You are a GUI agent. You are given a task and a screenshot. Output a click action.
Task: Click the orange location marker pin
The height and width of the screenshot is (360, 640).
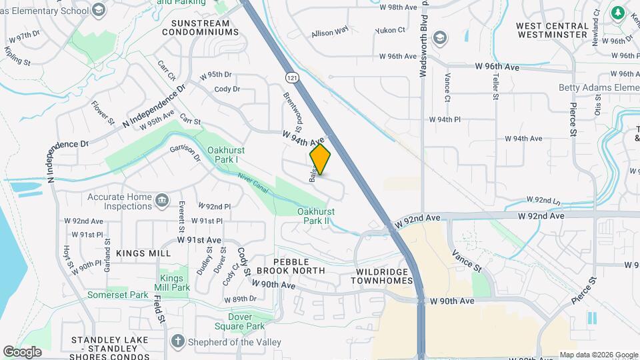[320, 160]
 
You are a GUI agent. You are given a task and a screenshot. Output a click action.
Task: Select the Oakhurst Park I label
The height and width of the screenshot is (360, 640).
[223, 155]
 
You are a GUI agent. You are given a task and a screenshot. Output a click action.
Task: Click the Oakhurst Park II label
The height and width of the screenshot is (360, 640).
[315, 216]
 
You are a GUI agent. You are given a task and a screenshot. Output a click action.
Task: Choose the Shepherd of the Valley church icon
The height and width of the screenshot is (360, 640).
[177, 341]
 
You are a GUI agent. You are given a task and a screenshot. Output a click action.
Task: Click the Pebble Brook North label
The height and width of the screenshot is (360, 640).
[299, 266]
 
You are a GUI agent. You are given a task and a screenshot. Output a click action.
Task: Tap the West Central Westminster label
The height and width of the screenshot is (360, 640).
[553, 30]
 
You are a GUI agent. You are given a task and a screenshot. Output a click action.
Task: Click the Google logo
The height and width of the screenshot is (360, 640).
[22, 351]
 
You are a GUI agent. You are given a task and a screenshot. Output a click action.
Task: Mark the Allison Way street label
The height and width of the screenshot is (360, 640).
[329, 31]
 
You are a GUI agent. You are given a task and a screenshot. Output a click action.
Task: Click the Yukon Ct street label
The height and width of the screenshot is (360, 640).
[391, 30]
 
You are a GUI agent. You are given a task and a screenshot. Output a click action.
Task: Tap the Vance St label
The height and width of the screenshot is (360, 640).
[467, 261]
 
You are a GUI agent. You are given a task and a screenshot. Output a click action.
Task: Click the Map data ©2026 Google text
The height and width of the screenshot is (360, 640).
[598, 355]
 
